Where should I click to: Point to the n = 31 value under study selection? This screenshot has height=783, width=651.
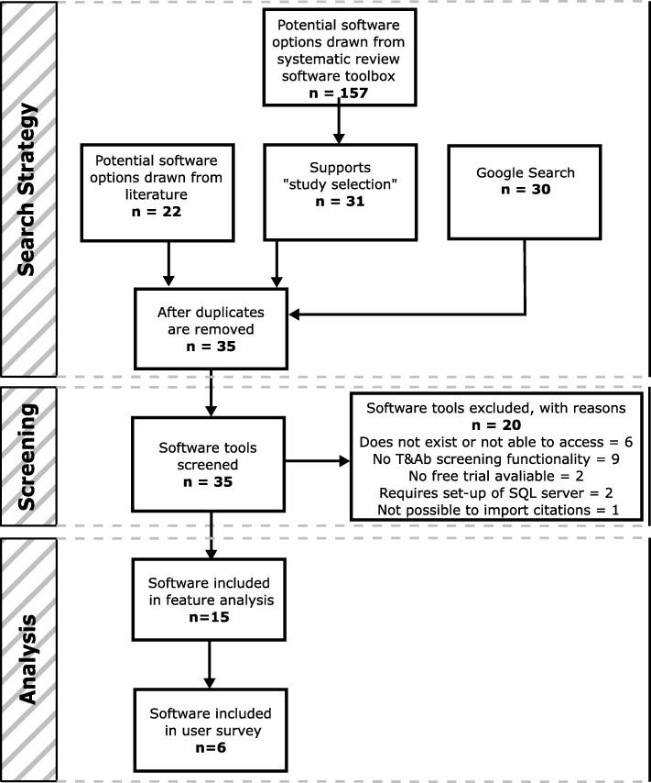click(x=339, y=202)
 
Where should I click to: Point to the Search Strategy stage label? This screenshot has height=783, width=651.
click(x=28, y=188)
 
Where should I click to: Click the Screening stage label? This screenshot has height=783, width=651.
click(x=28, y=456)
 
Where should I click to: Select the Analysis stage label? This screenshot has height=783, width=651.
click(x=28, y=658)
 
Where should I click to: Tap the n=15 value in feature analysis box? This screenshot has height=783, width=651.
click(x=211, y=617)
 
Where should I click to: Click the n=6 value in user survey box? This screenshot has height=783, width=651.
click(x=211, y=746)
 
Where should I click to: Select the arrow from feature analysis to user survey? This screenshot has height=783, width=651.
click(x=211, y=665)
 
